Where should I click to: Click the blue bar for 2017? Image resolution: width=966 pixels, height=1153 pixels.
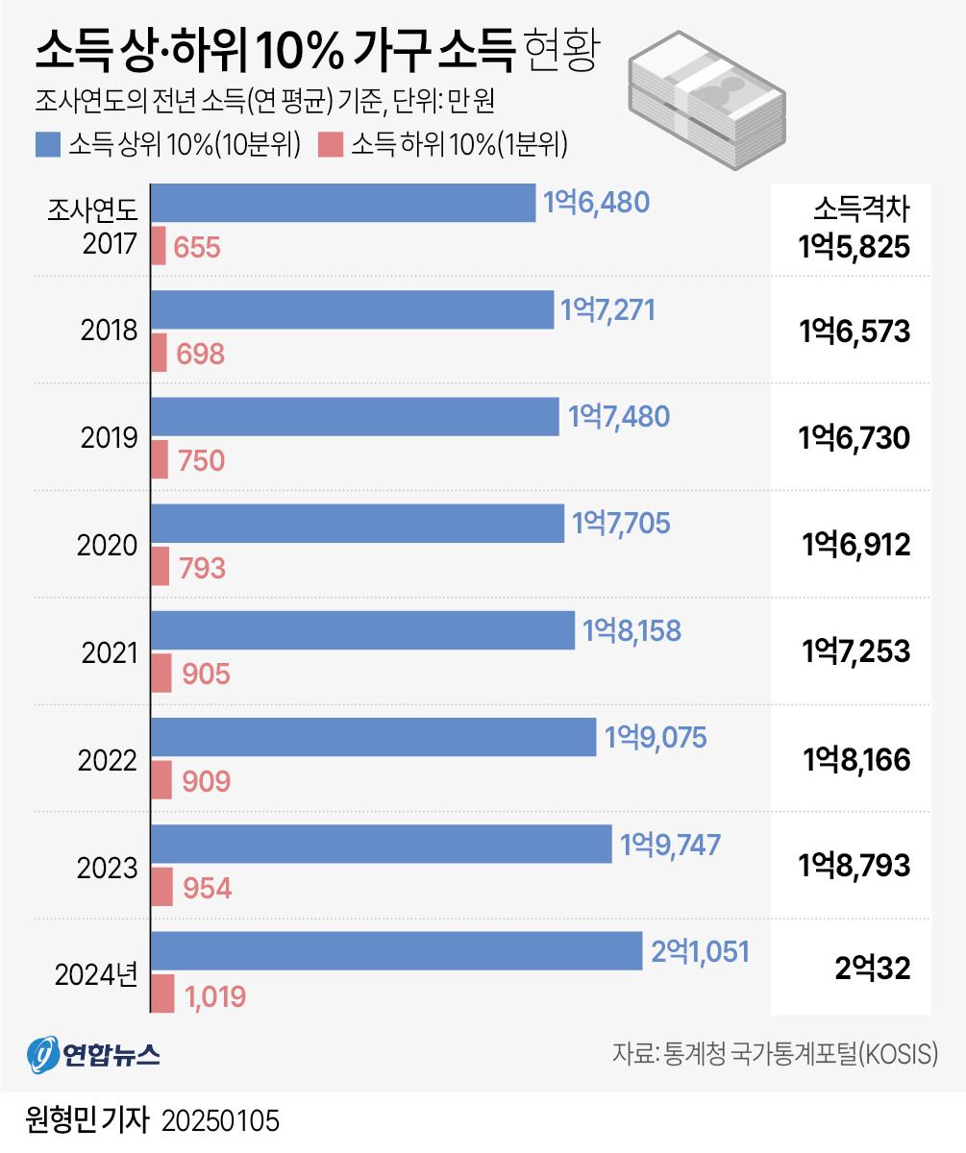click(x=343, y=203)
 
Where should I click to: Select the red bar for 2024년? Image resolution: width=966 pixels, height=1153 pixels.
click(x=163, y=994)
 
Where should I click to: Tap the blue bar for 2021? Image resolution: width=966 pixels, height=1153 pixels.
click(x=363, y=630)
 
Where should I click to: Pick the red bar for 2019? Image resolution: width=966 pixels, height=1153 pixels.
click(x=161, y=459)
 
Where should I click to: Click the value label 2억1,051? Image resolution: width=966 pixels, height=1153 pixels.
click(x=700, y=951)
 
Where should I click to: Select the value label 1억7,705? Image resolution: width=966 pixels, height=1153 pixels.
click(x=621, y=524)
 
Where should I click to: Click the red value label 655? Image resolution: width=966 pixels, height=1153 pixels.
click(x=198, y=248)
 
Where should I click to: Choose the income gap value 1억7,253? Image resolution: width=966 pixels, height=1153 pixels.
click(x=855, y=652)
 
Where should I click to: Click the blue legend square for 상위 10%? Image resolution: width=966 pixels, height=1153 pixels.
click(x=46, y=145)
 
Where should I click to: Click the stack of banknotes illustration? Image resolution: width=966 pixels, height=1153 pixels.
click(x=706, y=100)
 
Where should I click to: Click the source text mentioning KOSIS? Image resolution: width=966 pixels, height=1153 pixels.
click(x=775, y=1054)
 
